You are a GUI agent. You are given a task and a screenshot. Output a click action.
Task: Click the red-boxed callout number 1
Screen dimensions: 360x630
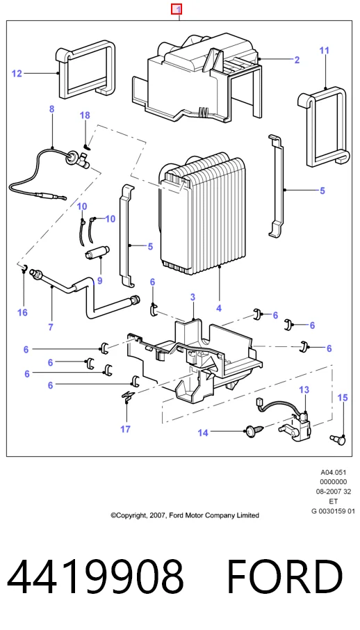coord(177,9)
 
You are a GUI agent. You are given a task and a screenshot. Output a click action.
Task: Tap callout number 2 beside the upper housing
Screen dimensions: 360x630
coord(297,60)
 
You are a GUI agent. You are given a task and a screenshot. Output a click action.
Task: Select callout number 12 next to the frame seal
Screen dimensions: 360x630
coord(17,74)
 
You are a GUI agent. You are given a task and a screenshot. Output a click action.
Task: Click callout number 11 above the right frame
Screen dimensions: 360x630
coord(325,51)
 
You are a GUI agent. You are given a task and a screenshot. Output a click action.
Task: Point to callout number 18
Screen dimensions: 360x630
coord(85,115)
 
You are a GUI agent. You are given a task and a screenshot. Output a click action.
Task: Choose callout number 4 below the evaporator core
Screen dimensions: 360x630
coord(219,309)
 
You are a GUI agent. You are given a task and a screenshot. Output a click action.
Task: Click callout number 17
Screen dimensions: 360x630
coord(125,429)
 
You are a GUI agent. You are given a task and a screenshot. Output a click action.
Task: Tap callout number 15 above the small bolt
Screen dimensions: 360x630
coord(343,398)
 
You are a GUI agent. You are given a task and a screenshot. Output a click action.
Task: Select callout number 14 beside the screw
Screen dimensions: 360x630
coord(203,433)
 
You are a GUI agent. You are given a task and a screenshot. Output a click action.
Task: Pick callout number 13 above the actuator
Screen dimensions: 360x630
coord(304,389)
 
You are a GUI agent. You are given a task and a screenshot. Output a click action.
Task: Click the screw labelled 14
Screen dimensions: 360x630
coord(254,433)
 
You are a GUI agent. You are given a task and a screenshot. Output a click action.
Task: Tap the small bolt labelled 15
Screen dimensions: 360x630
coord(338,440)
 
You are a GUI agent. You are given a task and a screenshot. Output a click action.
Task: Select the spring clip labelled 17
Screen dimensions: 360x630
coord(128,396)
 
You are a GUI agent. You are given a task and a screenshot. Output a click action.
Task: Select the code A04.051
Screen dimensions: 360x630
coord(334,473)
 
